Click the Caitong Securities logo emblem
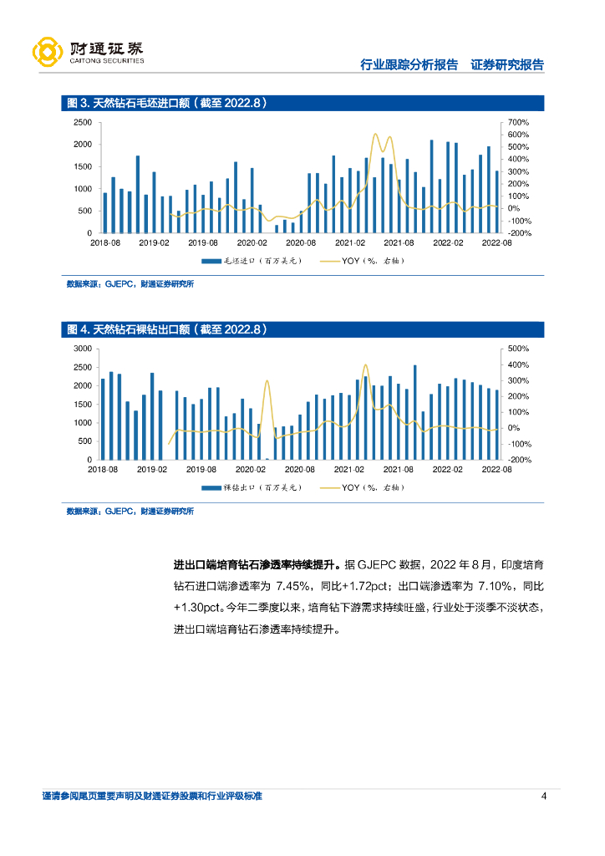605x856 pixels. pyautogui.click(x=48, y=52)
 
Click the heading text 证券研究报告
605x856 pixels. pyautogui.click(x=507, y=65)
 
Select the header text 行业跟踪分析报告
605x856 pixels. pyautogui.click(x=409, y=65)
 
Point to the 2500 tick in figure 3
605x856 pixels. pyautogui.click(x=82, y=122)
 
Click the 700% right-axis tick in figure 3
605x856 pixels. pyautogui.click(x=518, y=122)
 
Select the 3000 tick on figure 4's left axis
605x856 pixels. pyautogui.click(x=82, y=348)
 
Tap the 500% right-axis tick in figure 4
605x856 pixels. pyautogui.click(x=518, y=348)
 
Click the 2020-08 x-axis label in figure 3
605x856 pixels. pyautogui.click(x=300, y=242)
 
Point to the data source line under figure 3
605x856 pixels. pyautogui.click(x=130, y=284)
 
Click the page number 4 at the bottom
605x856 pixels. pyautogui.click(x=544, y=796)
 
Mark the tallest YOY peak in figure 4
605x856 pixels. pyautogui.click(x=365, y=365)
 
